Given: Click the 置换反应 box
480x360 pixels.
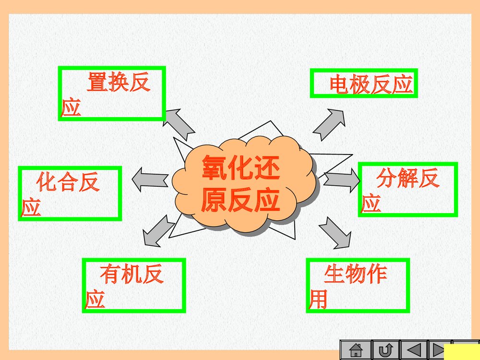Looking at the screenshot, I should pos(112,93).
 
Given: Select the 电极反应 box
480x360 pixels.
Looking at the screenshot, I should pos(363,83).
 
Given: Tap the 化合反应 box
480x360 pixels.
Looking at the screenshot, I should pos(70,193).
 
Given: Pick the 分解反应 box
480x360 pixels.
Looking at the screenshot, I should pos(408,189).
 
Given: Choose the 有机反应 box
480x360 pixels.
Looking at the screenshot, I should pos(133,285).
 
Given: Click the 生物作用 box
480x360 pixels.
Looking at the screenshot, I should pos(358,285).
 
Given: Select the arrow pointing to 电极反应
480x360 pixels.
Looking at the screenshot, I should pos(329,124).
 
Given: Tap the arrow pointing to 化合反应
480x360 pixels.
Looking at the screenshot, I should pos(149,180).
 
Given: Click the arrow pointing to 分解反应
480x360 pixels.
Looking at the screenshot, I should pos(342,180).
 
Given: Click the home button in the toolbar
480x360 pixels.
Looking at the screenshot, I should pos(356,350).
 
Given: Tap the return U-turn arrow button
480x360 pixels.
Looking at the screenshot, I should pos(385,350).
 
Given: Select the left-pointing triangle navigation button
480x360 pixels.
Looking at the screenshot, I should pos(414,350).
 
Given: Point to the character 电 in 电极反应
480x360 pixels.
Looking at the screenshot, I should pos(339,84).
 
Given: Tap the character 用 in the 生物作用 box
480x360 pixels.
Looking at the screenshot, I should pos(318,299).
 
